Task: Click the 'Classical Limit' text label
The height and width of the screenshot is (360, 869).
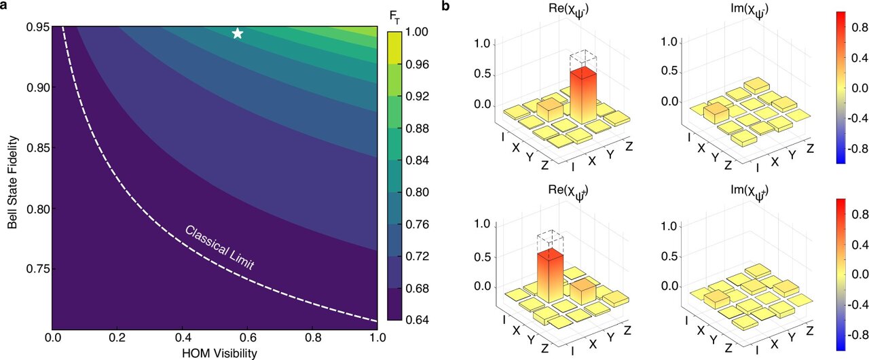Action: [x=219, y=247]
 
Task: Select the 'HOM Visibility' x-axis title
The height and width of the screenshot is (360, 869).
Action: [x=215, y=353]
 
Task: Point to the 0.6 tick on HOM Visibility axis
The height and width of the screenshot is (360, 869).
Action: [x=247, y=337]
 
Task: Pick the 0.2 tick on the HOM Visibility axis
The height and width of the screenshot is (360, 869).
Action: [x=117, y=337]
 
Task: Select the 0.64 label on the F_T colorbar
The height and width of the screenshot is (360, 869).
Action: [x=418, y=320]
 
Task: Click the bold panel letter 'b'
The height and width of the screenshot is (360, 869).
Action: [x=445, y=7]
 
